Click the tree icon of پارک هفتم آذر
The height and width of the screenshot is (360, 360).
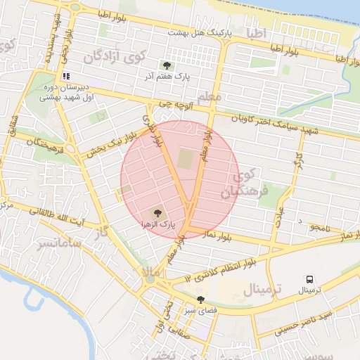coord(167,65)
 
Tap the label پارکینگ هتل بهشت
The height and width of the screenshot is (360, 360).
coord(200,34)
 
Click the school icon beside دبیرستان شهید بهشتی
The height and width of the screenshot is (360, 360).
coord(66,76)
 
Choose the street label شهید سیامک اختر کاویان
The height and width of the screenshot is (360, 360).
coord(278,125)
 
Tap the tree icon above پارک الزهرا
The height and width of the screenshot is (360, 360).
coord(157,212)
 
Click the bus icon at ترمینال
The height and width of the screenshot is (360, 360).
coord(309,278)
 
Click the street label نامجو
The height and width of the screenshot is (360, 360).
coord(318,228)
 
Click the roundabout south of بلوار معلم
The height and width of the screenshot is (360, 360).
coord(149,279)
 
